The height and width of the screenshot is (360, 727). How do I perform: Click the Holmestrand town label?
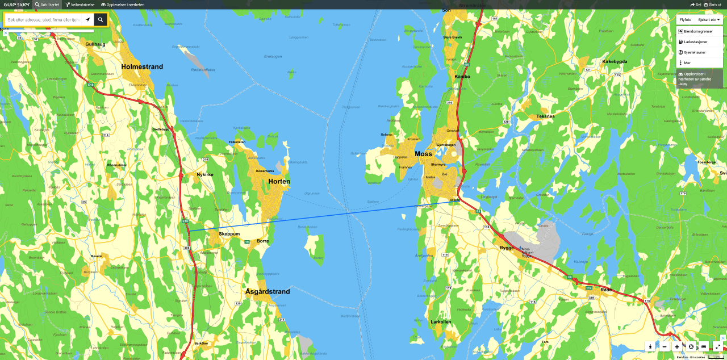[x=142, y=66]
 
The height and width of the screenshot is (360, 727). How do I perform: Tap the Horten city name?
[x=279, y=182]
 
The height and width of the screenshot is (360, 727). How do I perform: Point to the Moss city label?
[x=423, y=154]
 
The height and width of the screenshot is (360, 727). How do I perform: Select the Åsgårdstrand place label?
[x=268, y=292]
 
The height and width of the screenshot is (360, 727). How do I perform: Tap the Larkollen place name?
[x=441, y=322]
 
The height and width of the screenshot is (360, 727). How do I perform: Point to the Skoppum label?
[x=229, y=234]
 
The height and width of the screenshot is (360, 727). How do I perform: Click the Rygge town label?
[x=506, y=248]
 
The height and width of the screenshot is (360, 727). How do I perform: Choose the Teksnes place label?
[x=545, y=116]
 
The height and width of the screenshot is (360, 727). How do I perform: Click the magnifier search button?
[x=101, y=20]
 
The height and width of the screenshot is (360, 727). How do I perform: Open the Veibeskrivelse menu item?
[x=80, y=5]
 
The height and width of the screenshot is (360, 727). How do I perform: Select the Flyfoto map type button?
[x=686, y=20]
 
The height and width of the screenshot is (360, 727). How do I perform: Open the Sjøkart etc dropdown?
[x=709, y=20]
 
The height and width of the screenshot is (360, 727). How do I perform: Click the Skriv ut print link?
[x=712, y=5]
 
